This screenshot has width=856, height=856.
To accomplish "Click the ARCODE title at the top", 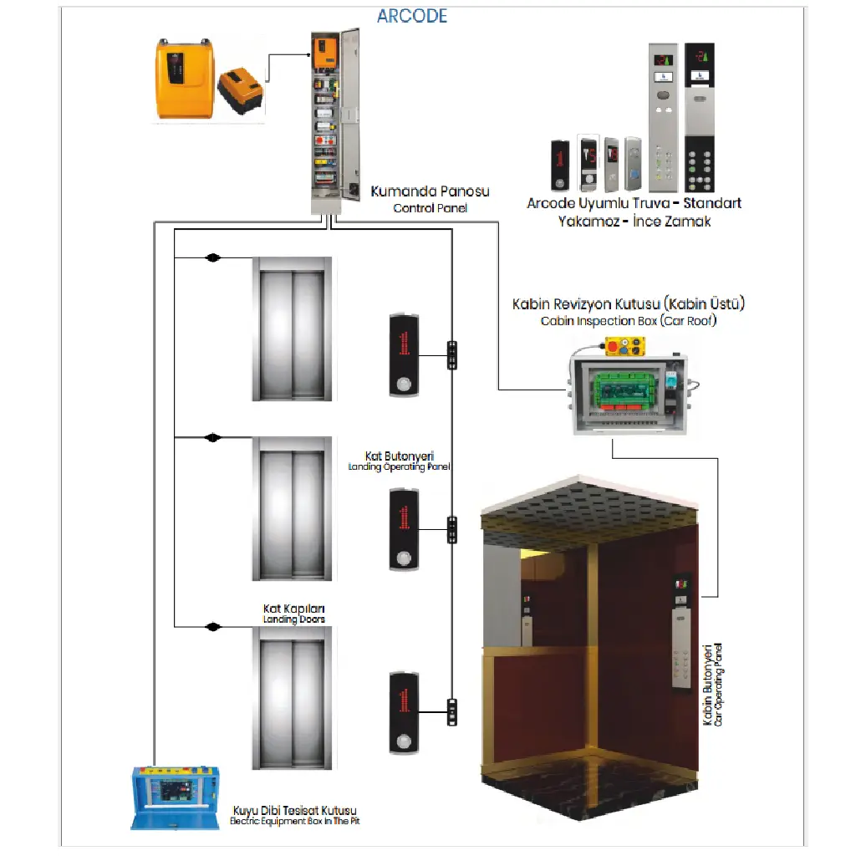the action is point(412,17).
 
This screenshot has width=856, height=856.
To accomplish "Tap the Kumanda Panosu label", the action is point(431,191).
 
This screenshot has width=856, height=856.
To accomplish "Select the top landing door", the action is point(292,329).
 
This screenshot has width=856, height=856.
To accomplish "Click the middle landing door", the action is point(292,509).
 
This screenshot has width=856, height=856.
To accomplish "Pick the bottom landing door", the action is point(292,698).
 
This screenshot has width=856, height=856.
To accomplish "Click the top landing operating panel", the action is point(404,354).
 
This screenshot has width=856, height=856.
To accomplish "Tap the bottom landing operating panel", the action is point(404,713).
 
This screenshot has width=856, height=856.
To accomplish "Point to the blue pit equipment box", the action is point(176,797).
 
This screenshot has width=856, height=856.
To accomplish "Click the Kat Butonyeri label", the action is point(400,456).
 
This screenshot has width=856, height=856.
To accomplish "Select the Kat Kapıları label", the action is point(293,609).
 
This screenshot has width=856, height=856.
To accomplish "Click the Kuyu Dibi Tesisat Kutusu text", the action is point(295,810).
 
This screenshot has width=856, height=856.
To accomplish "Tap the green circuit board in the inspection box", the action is point(626,390).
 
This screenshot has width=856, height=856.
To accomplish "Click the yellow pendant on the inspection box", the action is point(624,347).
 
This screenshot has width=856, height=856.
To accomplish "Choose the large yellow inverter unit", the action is point(185,79).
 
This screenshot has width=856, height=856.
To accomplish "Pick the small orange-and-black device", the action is point(241,90).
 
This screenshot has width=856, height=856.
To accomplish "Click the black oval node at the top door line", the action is point(213,257).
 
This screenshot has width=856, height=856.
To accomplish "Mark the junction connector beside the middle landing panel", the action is point(452,529).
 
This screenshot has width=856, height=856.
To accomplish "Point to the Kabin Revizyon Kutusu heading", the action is point(629,303).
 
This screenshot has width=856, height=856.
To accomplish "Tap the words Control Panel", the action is point(431,208).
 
